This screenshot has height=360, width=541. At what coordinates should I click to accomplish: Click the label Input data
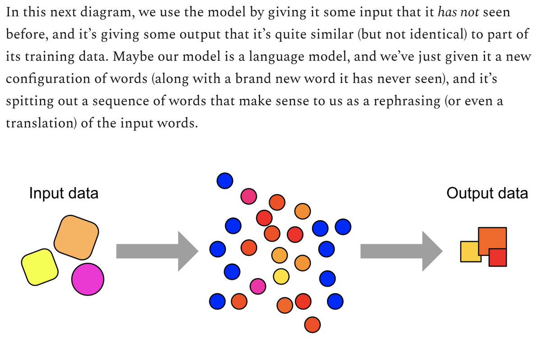(x=64, y=193)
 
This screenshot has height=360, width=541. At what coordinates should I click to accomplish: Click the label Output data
(x=487, y=193)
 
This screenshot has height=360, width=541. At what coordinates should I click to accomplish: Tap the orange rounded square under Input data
(x=76, y=237)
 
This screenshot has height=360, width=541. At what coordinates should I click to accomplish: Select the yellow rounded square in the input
(x=40, y=267)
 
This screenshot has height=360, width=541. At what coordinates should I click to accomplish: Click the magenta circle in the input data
(x=88, y=279)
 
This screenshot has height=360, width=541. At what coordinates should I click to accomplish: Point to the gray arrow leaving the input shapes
(x=156, y=251)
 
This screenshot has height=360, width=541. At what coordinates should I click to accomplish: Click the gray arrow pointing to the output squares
(x=399, y=251)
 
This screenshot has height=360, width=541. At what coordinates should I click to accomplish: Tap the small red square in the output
(x=498, y=258)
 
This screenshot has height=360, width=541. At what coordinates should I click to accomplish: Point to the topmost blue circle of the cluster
(x=225, y=181)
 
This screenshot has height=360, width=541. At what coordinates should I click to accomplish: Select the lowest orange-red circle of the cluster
(x=312, y=324)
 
